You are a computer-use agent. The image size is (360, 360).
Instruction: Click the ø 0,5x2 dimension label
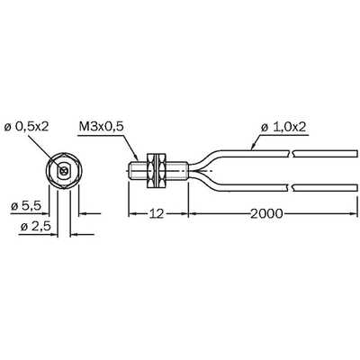pyautogui.click(x=26, y=127)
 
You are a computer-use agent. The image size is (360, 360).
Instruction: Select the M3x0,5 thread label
pyautogui.click(x=101, y=127)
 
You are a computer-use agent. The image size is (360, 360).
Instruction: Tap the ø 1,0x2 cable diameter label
pyautogui.click(x=283, y=128)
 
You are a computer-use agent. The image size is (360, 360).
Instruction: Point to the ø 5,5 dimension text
pyautogui.click(x=26, y=206)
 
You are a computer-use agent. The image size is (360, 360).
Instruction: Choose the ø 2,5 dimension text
pyautogui.click(x=35, y=227)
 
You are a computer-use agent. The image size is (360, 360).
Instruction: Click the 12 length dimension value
pyautogui.click(x=157, y=213)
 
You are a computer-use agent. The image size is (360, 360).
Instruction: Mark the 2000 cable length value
pyautogui.click(x=266, y=213)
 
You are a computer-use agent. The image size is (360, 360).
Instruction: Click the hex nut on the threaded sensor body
pyautogui.click(x=157, y=171)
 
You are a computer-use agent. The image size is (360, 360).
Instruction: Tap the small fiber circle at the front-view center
pyautogui.click(x=63, y=171)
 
